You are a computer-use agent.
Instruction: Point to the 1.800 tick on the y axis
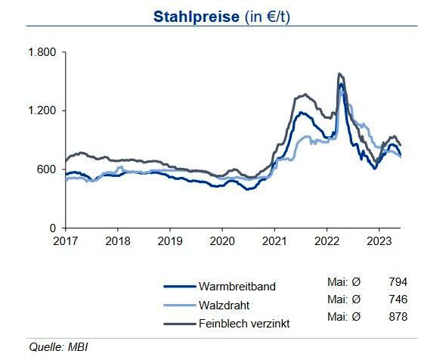pos(42,53)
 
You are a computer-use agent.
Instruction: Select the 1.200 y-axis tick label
pos(42,111)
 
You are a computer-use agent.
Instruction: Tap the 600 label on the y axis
pos(47,169)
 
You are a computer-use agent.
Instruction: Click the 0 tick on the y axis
pos(54,228)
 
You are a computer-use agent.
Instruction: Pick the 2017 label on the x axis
pos(65,241)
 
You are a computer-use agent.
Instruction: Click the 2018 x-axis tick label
pos(117,241)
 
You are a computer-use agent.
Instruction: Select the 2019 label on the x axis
pos(169,241)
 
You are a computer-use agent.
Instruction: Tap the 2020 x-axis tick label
pos(221,241)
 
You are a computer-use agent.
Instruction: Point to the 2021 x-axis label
pos(274,241)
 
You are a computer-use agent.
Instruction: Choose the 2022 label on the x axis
pos(326,241)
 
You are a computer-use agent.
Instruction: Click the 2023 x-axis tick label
pos(378,241)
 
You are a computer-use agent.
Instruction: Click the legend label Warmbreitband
pos(237,287)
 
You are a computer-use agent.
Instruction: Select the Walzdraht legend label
pos(224,305)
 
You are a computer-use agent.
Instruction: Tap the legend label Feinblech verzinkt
pos(244,323)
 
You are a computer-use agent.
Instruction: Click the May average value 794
pos(398,282)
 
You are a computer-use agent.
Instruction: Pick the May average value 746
pos(398,300)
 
